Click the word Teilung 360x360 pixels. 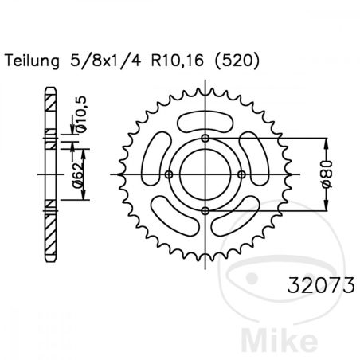(x=32, y=61)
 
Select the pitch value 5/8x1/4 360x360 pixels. (x=105, y=61)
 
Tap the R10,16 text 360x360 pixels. (x=178, y=61)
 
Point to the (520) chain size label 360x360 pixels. (x=237, y=61)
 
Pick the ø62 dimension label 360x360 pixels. (x=77, y=175)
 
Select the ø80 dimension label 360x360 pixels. (x=327, y=174)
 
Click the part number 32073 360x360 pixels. (x=321, y=285)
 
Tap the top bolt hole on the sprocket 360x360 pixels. (x=205, y=139)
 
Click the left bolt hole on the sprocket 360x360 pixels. (x=169, y=174)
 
